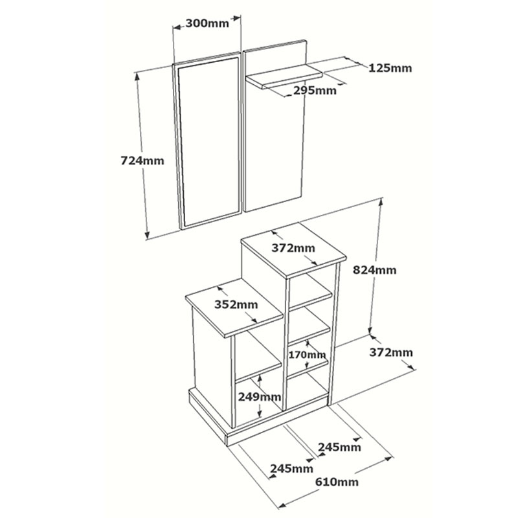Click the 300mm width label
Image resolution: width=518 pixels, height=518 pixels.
click(207, 23)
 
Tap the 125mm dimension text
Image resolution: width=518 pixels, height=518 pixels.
click(390, 68)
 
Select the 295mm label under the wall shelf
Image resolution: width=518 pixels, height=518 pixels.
click(315, 91)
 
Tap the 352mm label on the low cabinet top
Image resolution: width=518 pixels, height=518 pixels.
click(236, 304)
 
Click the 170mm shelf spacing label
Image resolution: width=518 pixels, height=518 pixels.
click(308, 355)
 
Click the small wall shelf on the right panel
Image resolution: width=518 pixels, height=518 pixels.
click(285, 77)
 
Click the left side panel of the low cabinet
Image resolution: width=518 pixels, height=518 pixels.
click(211, 363)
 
